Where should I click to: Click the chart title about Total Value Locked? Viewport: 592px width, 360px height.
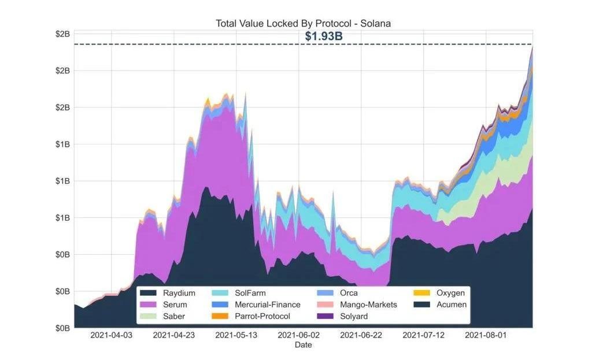tap(304, 24)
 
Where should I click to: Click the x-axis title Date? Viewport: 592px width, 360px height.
tap(303, 345)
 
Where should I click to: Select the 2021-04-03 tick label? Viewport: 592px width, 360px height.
tap(111, 335)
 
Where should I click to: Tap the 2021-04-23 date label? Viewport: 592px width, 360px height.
tap(173, 335)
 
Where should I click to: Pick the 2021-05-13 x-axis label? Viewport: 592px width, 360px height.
tap(236, 335)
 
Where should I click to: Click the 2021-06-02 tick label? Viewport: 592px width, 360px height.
tap(298, 335)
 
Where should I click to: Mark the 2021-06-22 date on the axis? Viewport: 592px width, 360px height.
tap(361, 335)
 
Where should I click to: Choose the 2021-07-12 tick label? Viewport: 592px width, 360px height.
tap(423, 335)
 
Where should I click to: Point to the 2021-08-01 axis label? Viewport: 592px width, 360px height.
tap(486, 335)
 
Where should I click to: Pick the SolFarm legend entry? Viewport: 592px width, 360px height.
tap(250, 293)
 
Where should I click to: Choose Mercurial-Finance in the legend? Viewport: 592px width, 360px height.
tap(267, 305)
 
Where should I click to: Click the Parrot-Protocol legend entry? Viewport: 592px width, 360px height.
tap(262, 316)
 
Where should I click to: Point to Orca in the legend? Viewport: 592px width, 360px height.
tap(349, 293)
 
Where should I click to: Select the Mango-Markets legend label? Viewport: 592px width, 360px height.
tap(368, 305)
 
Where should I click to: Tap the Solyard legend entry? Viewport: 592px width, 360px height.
tap(353, 316)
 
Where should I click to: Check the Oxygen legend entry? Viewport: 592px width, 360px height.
tap(451, 293)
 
